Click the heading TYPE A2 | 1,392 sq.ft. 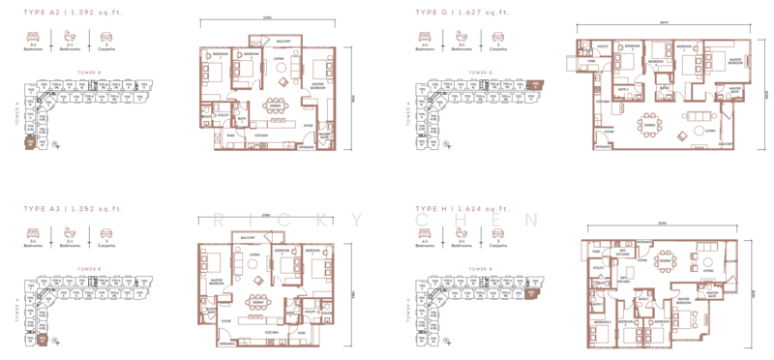coord(74,12)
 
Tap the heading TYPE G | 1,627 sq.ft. coord(461,12)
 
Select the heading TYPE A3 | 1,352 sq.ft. coord(74,208)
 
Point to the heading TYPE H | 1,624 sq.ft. coord(461,208)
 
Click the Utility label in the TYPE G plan coord(600,45)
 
